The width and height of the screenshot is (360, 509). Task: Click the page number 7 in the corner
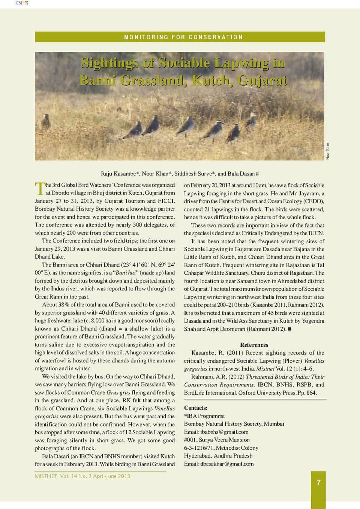(x=318, y=482)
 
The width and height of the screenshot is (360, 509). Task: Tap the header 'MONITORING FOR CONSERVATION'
(x=183, y=37)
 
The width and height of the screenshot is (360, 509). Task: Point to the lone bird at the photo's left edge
(x=46, y=121)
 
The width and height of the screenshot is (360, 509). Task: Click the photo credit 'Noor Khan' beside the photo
(x=327, y=151)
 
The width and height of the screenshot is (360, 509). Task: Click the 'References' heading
(x=254, y=345)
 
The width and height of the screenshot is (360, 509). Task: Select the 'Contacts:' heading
(x=195, y=408)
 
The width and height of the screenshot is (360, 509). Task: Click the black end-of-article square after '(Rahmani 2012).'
(x=289, y=329)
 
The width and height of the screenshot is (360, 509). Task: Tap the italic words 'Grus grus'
(x=118, y=392)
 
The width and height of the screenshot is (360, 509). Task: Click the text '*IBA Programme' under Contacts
(x=204, y=416)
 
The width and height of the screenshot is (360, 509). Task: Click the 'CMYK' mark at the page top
(x=22, y=3)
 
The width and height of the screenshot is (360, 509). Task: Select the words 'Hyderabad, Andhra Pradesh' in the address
(x=218, y=456)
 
